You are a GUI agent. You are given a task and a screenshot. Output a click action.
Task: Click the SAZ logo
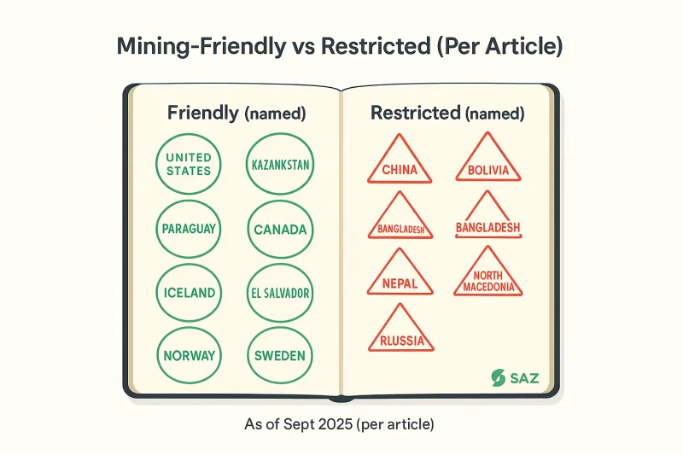click(516, 377)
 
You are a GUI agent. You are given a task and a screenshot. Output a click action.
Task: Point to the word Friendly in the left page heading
click(202, 113)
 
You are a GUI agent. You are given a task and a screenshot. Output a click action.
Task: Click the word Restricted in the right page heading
click(415, 113)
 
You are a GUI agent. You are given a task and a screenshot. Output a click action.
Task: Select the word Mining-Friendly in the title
click(201, 47)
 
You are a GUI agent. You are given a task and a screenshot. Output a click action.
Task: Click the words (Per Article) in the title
click(499, 47)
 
